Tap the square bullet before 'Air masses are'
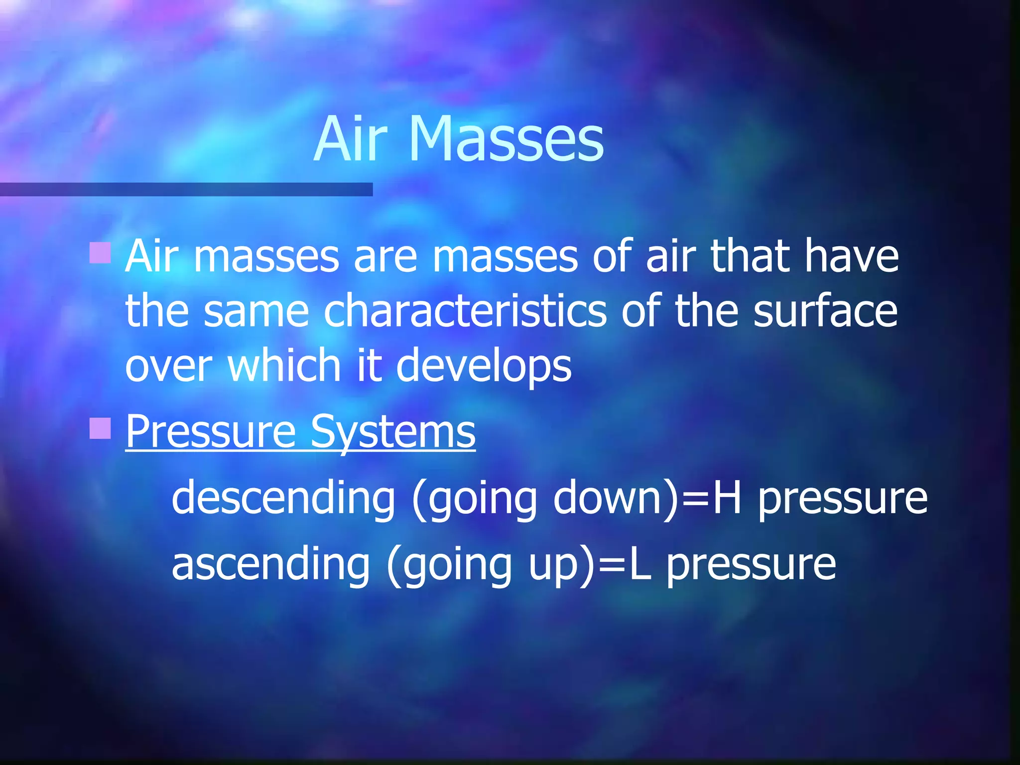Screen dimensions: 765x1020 point(100,253)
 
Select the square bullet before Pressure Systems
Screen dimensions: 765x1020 point(100,428)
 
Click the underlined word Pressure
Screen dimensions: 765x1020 point(211,431)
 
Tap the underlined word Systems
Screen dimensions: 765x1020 point(392,431)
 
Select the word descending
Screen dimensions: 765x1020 point(283,498)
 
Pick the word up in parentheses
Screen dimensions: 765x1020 point(557,565)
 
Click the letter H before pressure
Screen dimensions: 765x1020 point(727,498)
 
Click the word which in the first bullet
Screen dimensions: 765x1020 point(284,366)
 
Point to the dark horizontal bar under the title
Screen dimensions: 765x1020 point(186,189)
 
